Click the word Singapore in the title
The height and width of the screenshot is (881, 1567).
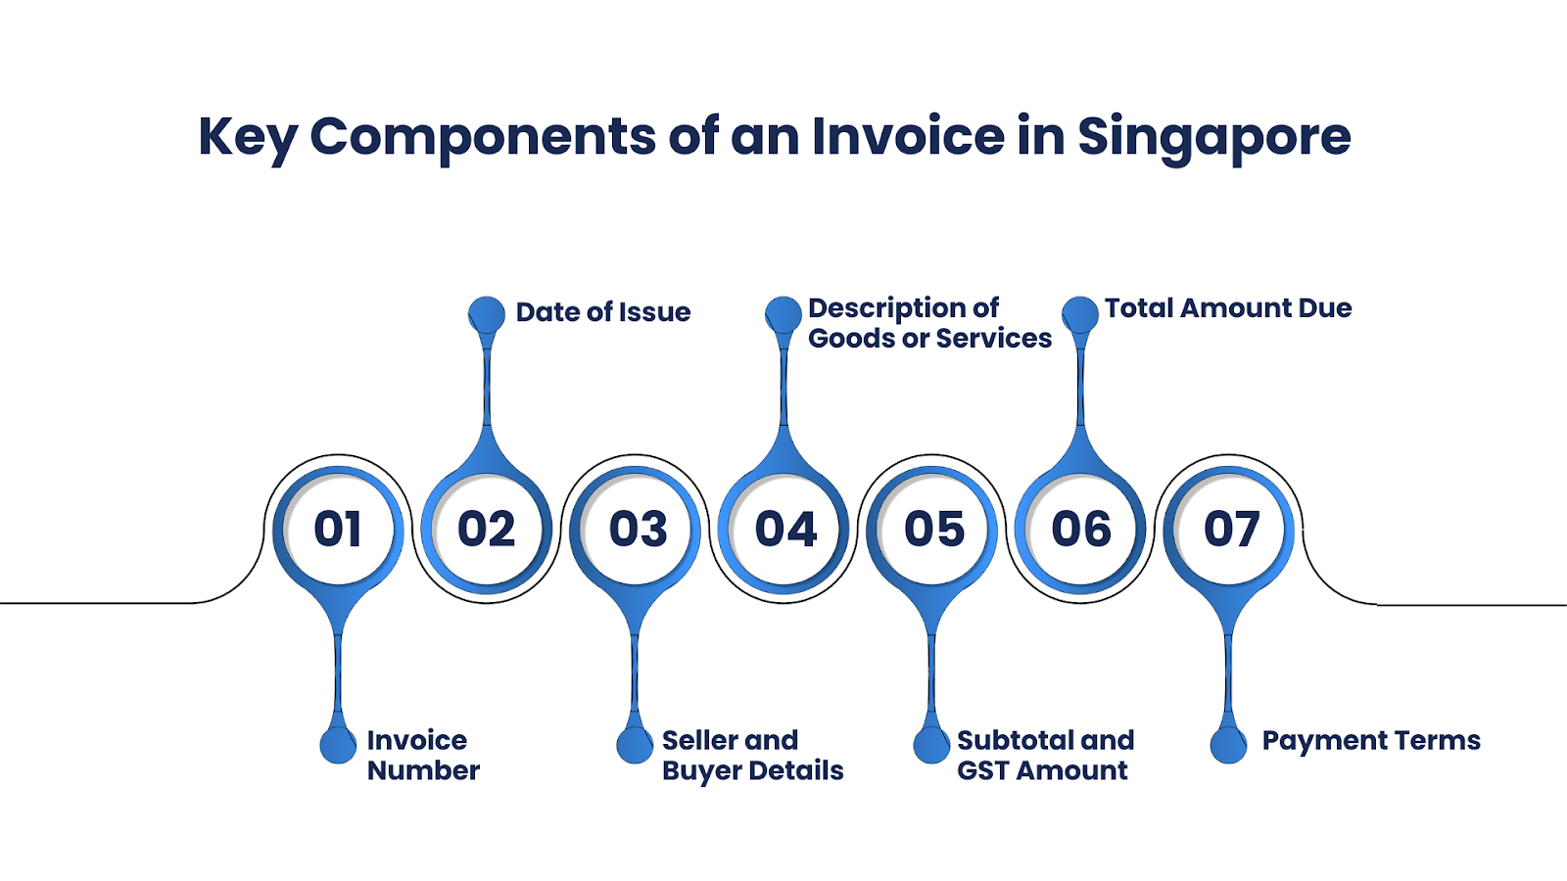coord(1213,138)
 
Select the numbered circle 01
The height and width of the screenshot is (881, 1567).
coord(338,529)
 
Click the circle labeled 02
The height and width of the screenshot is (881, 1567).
coord(486,529)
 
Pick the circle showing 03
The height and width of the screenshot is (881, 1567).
coord(636,529)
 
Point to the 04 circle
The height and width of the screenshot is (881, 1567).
coord(783,529)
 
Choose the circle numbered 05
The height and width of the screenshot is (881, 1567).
coord(931,529)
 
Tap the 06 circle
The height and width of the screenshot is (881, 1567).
coord(1080,529)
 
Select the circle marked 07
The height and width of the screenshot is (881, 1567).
coord(1228,529)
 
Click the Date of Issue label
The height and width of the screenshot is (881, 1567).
coord(603,312)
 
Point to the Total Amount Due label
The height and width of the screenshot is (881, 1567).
coord(1228,307)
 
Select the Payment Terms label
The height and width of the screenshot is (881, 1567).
coord(1371,740)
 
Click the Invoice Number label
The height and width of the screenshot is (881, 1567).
coord(423,755)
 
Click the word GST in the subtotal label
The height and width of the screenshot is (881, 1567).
coord(983,770)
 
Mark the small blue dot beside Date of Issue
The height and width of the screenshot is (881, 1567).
coord(486,314)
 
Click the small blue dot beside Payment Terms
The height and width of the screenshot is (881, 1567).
coord(1228,745)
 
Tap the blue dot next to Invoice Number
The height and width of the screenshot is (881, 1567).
coord(338,745)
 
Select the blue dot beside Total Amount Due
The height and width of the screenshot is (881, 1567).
coord(1080,314)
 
